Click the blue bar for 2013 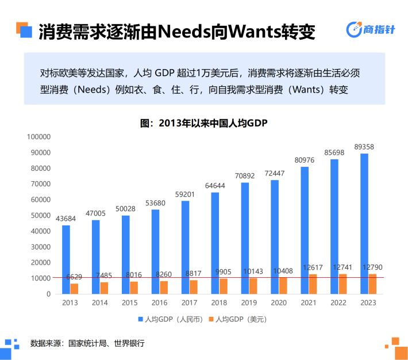pyautogui.click(x=66, y=259)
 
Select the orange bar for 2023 pyautogui.click(x=372, y=284)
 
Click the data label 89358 pyautogui.click(x=364, y=147)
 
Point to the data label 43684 pyautogui.click(x=66, y=219)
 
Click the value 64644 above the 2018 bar pyautogui.click(x=215, y=186)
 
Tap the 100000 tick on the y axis pyautogui.click(x=39, y=137)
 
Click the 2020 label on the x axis pyautogui.click(x=279, y=303)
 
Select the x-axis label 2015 pyautogui.click(x=130, y=303)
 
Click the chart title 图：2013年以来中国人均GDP pyautogui.click(x=205, y=123)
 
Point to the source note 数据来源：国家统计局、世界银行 pyautogui.click(x=87, y=343)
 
